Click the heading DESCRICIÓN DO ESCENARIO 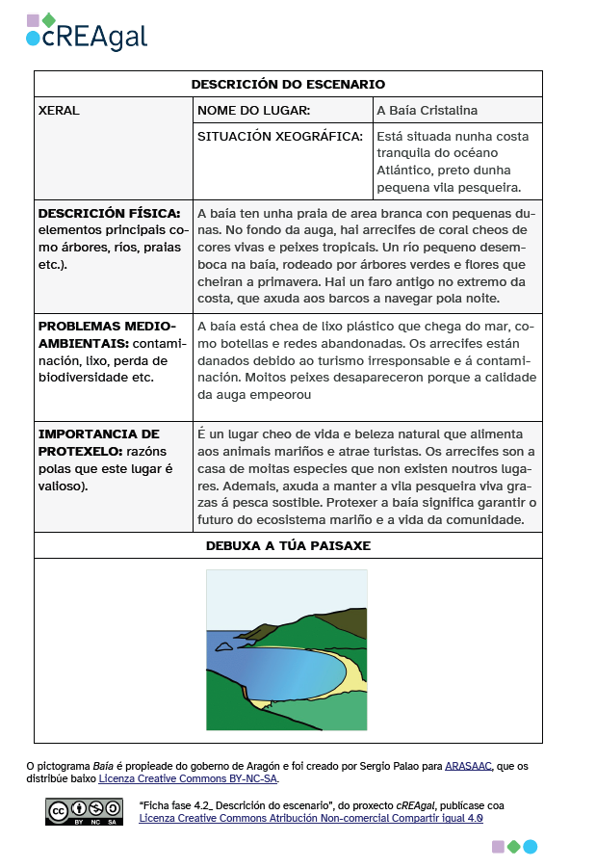[x=288, y=85]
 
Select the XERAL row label [x=59, y=111]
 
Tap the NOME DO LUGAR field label [x=253, y=111]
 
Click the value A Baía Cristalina [x=427, y=111]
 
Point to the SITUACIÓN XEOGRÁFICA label [x=279, y=137]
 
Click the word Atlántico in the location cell [x=405, y=171]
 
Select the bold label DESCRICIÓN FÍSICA [x=109, y=213]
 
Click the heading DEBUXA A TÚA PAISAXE [x=288, y=545]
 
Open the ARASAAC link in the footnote [x=468, y=767]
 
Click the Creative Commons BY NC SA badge [x=84, y=812]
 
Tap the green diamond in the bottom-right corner [x=514, y=847]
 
